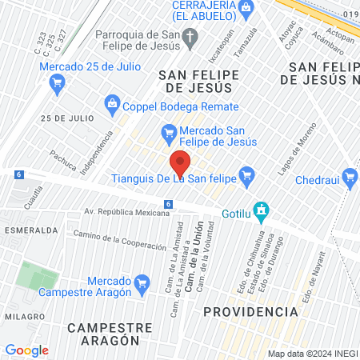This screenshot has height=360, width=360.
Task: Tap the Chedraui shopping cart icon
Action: coord(349,176)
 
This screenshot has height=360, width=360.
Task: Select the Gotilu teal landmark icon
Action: coord(260,210)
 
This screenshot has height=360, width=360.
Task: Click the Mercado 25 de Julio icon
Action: coord(57,81)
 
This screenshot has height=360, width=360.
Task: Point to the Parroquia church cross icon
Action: coord(190,35)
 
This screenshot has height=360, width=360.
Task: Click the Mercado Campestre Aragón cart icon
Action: coord(142,282)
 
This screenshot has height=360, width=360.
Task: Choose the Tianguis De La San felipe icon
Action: coord(247,174)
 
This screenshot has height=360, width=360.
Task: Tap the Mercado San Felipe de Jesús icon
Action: coord(168,131)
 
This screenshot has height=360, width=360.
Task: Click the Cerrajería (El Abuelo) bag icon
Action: coord(246,7)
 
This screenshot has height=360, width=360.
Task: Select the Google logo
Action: coord(26,350)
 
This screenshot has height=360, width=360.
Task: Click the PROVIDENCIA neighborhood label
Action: coord(244,310)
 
